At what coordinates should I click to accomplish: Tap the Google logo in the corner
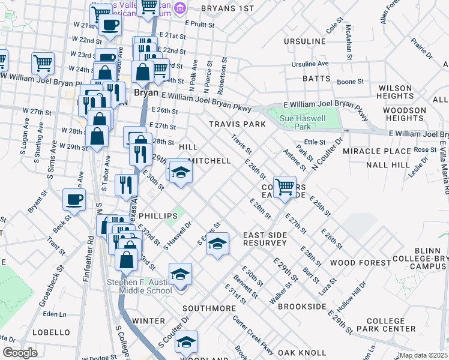[20, 353]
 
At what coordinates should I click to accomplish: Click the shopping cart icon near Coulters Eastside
[284, 185]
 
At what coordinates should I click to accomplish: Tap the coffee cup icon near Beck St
[74, 199]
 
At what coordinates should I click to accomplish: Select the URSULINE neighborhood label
[306, 41]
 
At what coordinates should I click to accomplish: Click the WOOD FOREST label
[360, 263]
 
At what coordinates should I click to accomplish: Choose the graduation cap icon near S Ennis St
[218, 244]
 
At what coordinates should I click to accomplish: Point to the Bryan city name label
[145, 93]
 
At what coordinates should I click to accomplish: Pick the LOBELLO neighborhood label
[52, 332]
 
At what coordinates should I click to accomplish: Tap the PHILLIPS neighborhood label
[157, 215]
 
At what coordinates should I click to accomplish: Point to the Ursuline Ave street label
[310, 64]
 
